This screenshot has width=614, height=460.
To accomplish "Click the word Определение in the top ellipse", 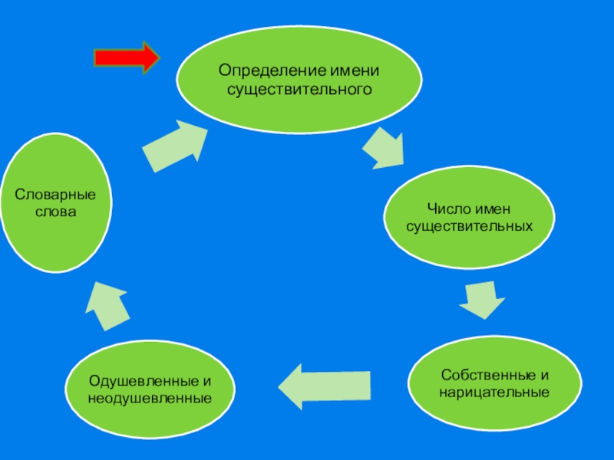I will (262, 71).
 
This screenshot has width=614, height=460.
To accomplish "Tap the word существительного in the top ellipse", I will (299, 90).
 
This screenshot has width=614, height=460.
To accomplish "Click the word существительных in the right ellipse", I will (468, 227).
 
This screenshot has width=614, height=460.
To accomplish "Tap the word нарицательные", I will (494, 393).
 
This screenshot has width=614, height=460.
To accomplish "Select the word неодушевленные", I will (150, 399).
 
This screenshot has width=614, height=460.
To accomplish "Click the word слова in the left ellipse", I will (56, 212).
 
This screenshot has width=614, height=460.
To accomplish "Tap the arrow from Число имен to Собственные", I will (483, 300).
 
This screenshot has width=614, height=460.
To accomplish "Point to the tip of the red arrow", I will (158, 58).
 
